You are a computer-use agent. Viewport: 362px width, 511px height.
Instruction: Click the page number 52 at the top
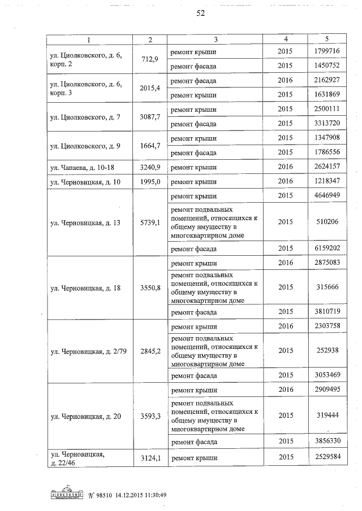[200, 14]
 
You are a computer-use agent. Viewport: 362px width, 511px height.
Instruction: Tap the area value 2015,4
[150, 88]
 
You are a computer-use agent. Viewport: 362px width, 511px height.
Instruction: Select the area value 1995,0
[150, 181]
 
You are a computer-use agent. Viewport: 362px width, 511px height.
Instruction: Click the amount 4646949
[327, 196]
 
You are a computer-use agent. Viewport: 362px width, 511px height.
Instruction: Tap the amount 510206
[327, 222]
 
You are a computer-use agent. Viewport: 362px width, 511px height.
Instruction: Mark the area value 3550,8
[150, 288]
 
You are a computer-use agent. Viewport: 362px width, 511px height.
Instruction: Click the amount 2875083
[327, 263]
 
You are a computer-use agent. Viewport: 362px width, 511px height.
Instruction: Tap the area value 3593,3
[150, 416]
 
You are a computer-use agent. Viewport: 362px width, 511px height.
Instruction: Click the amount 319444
[327, 415]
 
